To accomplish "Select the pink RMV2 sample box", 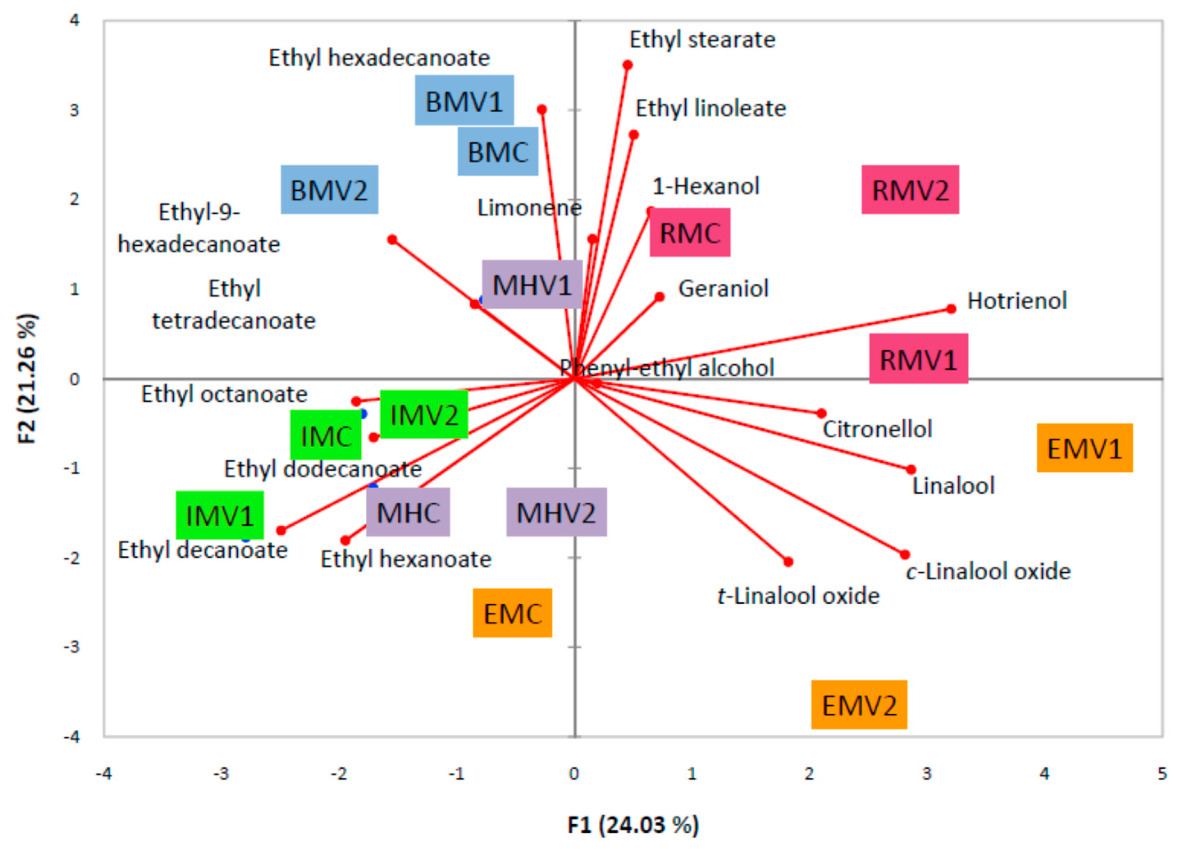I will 910,190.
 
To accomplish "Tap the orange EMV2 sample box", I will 859,705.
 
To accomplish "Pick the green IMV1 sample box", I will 220,515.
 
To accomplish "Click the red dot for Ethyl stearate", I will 627,65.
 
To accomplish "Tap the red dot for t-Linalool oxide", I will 788,562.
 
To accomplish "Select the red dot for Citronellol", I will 821,414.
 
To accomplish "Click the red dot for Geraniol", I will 660,297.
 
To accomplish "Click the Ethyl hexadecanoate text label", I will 379,58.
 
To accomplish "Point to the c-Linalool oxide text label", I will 988,572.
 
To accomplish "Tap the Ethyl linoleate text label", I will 710,109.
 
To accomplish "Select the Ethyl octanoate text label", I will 224,394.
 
